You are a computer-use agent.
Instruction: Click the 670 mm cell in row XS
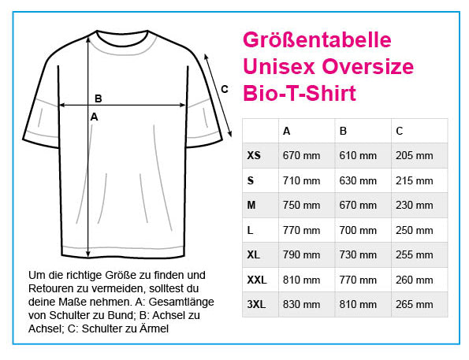click(300, 155)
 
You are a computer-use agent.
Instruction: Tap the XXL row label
click(256, 280)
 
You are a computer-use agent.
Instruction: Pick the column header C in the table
click(400, 131)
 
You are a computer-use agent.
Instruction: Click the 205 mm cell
click(414, 155)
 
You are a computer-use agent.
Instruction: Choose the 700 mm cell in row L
click(357, 231)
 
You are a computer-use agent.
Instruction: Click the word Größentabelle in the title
click(317, 40)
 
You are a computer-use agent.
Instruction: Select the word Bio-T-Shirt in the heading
click(300, 94)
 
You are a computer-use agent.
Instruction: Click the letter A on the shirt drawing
click(94, 117)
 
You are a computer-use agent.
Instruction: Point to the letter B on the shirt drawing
click(99, 98)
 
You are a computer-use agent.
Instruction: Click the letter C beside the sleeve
click(224, 89)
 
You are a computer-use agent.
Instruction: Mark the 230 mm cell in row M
click(414, 205)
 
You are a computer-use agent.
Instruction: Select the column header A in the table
click(286, 131)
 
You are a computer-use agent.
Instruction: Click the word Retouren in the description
click(49, 288)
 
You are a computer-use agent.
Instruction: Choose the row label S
click(250, 180)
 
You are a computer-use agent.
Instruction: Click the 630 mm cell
click(357, 180)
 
